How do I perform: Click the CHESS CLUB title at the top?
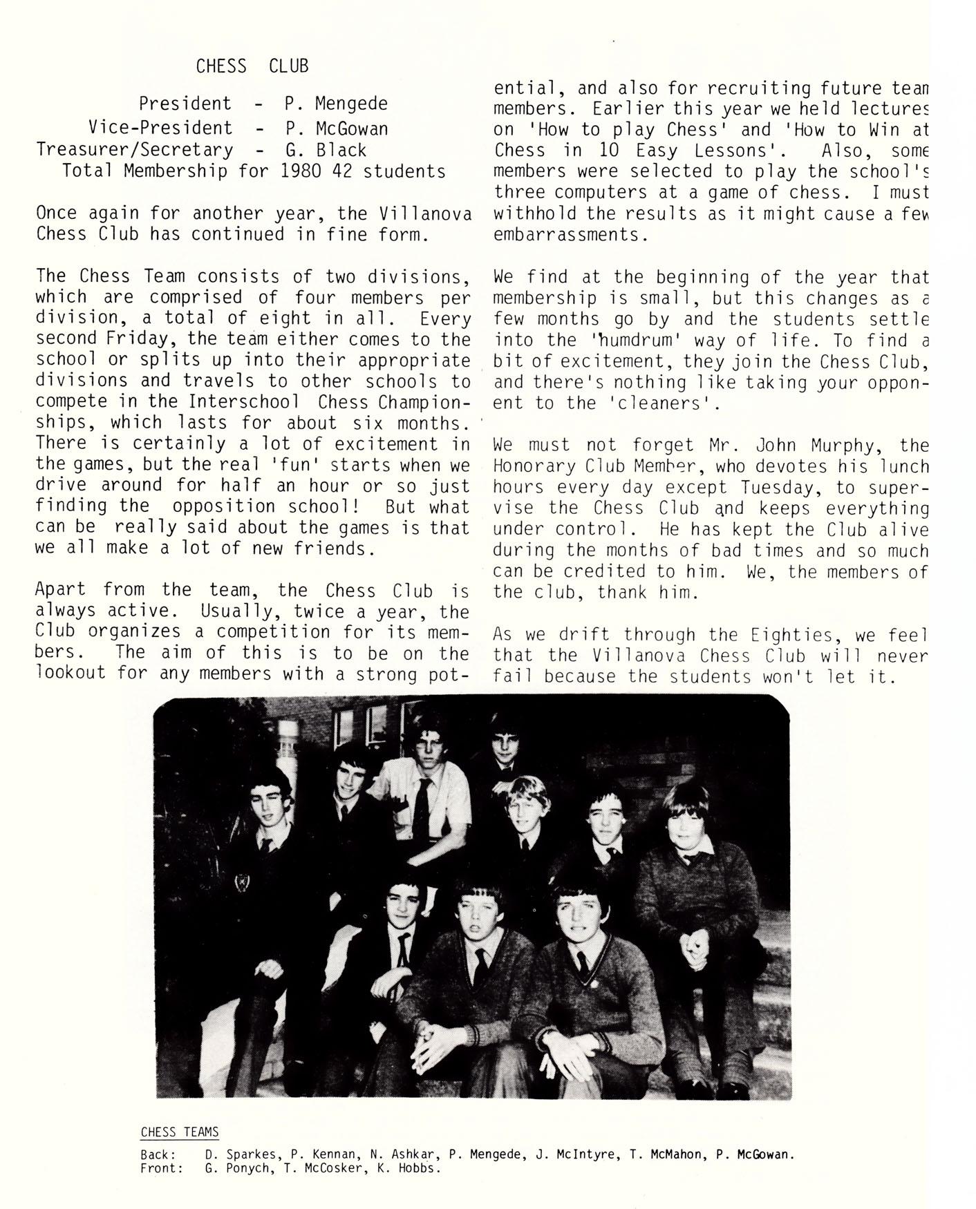point(252,66)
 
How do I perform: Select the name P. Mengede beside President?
point(336,104)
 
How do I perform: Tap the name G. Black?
point(325,150)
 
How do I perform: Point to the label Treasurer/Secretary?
point(134,150)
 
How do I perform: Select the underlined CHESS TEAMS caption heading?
point(180,1132)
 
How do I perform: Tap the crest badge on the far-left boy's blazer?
point(243,882)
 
